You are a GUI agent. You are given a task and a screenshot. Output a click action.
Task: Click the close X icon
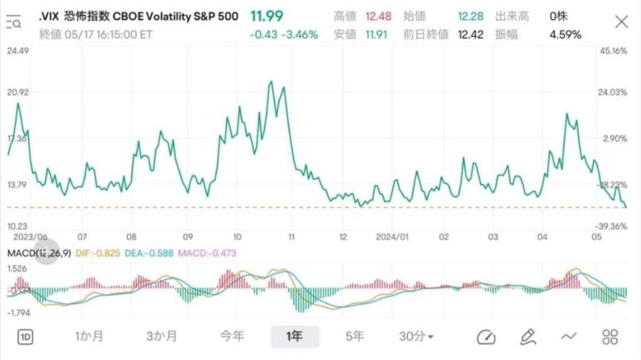tap(621, 22)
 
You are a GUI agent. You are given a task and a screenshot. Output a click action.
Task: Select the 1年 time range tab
tap(295, 337)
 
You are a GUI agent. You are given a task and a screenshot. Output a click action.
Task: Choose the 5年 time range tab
tap(355, 337)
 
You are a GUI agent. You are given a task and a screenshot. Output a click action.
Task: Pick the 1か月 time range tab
tap(89, 337)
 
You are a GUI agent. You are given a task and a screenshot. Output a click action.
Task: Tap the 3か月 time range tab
tap(161, 337)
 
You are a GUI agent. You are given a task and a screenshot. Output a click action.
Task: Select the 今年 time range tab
tap(232, 337)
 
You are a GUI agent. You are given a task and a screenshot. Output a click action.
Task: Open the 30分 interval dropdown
tap(416, 337)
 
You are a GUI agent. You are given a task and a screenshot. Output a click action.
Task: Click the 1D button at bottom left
tap(26, 337)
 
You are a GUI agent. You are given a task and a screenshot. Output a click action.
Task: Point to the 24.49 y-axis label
tap(18, 51)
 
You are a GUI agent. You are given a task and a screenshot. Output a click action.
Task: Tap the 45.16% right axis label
tap(613, 51)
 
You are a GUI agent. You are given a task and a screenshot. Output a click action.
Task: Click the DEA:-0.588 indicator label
tap(156, 252)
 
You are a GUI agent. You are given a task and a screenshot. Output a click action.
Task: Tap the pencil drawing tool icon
tap(527, 337)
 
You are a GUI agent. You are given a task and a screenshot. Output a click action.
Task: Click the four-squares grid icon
tap(610, 337)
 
